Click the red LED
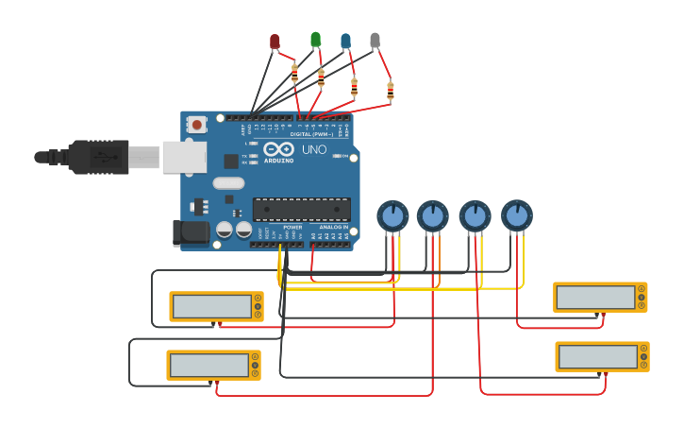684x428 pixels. coord(275,42)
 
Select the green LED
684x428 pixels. coord(315,40)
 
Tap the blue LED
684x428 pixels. coord(345,41)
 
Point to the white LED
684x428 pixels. coord(375,41)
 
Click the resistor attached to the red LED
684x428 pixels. coord(294,72)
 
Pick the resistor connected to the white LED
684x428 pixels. coord(390,91)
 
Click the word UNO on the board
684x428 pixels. coord(314,149)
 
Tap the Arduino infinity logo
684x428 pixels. coord(279,149)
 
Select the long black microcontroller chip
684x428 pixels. coord(301,209)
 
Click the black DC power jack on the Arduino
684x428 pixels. coord(191,232)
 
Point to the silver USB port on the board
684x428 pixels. coord(184,157)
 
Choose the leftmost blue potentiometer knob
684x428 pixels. coord(392,216)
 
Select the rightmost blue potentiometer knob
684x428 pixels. coord(516,215)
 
